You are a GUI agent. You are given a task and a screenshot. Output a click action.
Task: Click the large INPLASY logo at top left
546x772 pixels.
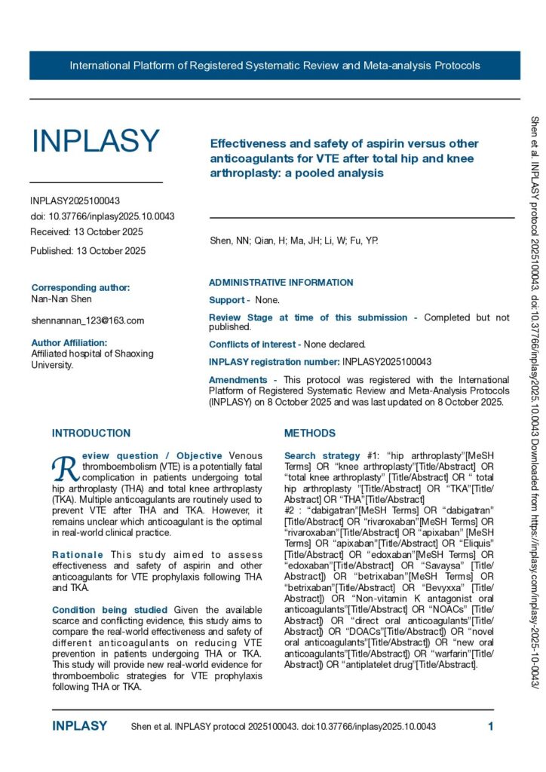coord(95,141)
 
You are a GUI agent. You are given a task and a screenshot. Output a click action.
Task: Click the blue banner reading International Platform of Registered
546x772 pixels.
coord(275,66)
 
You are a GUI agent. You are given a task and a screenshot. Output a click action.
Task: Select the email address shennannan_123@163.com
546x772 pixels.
coord(87,320)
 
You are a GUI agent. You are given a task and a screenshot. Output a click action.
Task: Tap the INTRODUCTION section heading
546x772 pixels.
coord(90,433)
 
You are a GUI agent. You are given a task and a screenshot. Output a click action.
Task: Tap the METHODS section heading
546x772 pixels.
coord(309,433)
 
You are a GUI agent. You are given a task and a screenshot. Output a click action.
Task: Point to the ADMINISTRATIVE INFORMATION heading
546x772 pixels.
coord(281,283)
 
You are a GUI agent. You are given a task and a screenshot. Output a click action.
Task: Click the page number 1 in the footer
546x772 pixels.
coord(490,727)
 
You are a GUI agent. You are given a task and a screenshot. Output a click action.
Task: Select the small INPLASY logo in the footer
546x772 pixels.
coord(79,727)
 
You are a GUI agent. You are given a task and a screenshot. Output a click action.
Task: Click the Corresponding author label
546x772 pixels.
coord(81,287)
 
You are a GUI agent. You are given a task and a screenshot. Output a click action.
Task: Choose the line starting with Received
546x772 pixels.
coord(87,231)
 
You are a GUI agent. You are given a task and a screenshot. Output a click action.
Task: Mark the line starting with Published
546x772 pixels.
coord(87,250)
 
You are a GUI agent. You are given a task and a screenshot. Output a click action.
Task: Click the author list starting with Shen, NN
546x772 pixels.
coord(293,241)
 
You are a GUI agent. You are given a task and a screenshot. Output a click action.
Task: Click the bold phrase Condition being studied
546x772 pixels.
coord(109,609)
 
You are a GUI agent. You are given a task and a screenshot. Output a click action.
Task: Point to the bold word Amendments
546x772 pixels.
coord(238,380)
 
